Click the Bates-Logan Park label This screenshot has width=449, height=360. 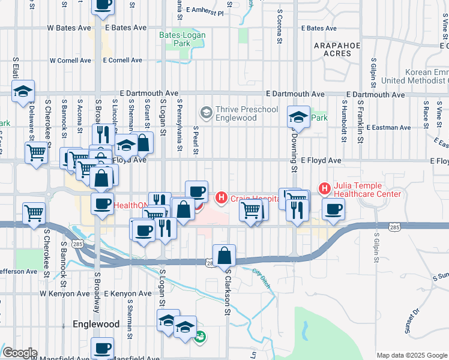[x=182, y=40]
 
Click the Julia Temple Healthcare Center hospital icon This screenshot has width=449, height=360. [x=325, y=189]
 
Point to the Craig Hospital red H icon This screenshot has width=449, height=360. [x=221, y=196]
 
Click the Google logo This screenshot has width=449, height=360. [x=20, y=353]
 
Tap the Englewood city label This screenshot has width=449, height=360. [x=96, y=324]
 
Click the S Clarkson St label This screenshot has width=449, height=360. [x=228, y=292]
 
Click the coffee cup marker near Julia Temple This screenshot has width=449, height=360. [x=333, y=209]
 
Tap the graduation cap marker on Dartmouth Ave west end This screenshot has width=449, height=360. [x=23, y=92]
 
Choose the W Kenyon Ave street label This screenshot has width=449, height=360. [x=65, y=294]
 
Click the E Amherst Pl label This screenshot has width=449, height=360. [x=205, y=11]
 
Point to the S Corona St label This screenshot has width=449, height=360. [x=280, y=27]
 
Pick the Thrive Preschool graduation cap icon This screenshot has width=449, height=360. [x=206, y=112]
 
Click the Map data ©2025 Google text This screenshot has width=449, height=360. [x=411, y=355]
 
